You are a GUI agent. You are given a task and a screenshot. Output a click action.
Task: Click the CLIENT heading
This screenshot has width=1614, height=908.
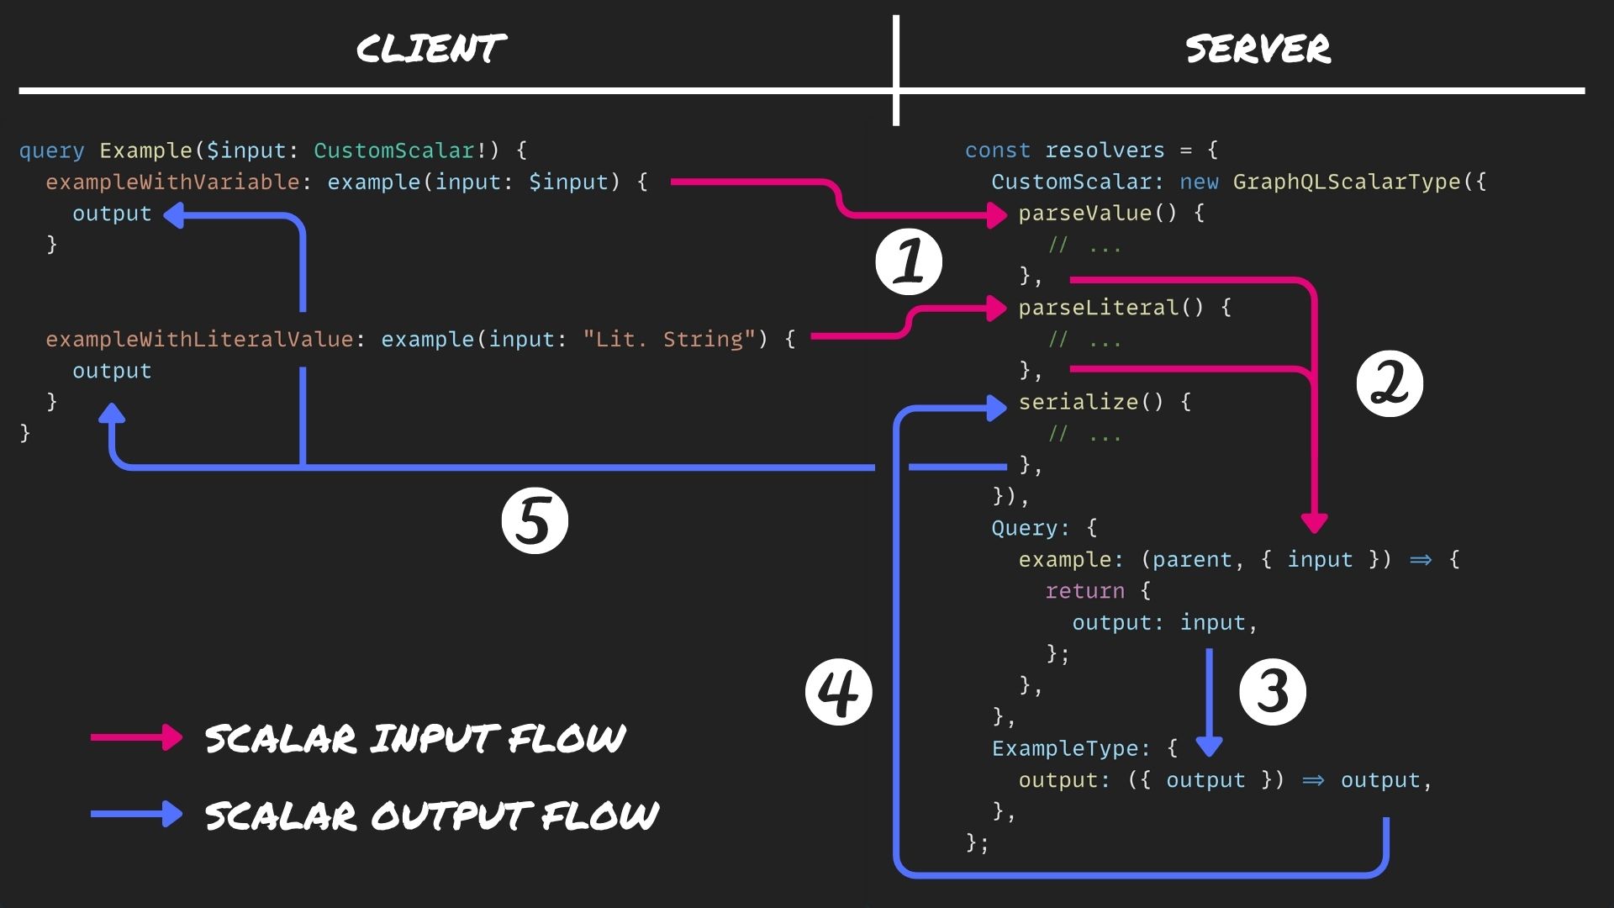pyautogui.click(x=431, y=49)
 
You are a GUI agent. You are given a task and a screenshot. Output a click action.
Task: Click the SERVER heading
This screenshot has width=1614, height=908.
pyautogui.click(x=1258, y=49)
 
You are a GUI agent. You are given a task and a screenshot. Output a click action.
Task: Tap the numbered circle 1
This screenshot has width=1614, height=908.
pyautogui.click(x=908, y=261)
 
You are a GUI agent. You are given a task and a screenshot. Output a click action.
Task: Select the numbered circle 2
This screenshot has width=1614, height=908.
pyautogui.click(x=1389, y=384)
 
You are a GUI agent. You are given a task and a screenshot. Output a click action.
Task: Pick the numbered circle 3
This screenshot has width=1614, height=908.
pyautogui.click(x=1272, y=692)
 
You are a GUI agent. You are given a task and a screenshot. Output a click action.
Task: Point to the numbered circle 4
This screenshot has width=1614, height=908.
pyautogui.click(x=838, y=692)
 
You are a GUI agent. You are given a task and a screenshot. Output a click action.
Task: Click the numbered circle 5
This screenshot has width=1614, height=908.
pyautogui.click(x=535, y=520)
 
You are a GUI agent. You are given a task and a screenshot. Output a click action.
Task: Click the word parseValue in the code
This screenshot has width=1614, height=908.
pyautogui.click(x=1084, y=214)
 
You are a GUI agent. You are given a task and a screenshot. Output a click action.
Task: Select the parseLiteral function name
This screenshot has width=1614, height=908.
pyautogui.click(x=1098, y=308)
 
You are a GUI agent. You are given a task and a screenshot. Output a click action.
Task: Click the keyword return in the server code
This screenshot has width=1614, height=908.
pyautogui.click(x=1084, y=591)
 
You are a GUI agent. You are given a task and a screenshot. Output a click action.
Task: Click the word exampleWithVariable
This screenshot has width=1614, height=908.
pyautogui.click(x=172, y=182)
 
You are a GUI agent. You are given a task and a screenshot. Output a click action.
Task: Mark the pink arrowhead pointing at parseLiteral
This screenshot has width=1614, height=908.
pyautogui.click(x=997, y=309)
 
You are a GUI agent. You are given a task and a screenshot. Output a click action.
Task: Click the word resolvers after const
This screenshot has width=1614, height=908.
pyautogui.click(x=1105, y=150)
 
